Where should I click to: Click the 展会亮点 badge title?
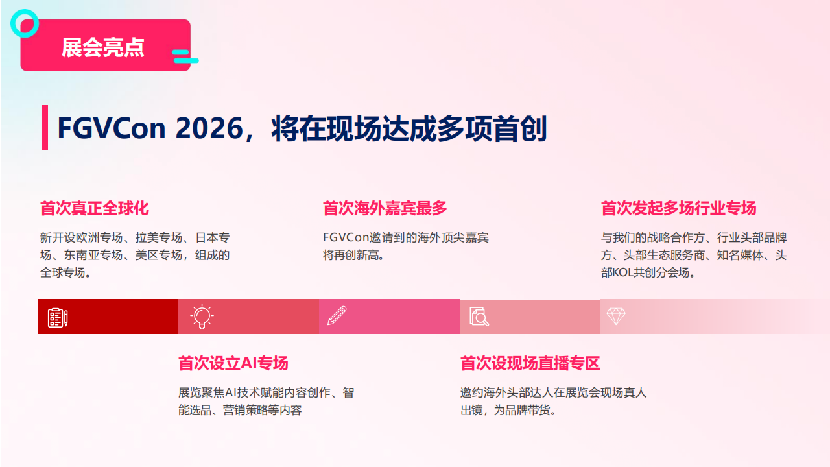(x=103, y=47)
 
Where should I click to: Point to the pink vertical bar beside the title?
(x=45, y=127)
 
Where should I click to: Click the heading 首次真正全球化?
(x=95, y=209)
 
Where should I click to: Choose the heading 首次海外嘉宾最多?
(x=385, y=209)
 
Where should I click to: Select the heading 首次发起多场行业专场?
(x=678, y=209)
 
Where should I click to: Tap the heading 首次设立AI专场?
(x=233, y=363)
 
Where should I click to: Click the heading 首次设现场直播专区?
(x=530, y=363)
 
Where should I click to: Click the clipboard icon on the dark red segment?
(x=58, y=317)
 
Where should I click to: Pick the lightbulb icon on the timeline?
(x=202, y=317)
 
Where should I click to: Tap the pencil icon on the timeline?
(x=337, y=316)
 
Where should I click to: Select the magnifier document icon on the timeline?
(x=479, y=317)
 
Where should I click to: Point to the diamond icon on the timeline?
(x=615, y=316)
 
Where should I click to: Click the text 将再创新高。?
(x=354, y=256)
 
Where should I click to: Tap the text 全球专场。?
(x=65, y=273)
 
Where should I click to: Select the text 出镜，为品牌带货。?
(x=508, y=411)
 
